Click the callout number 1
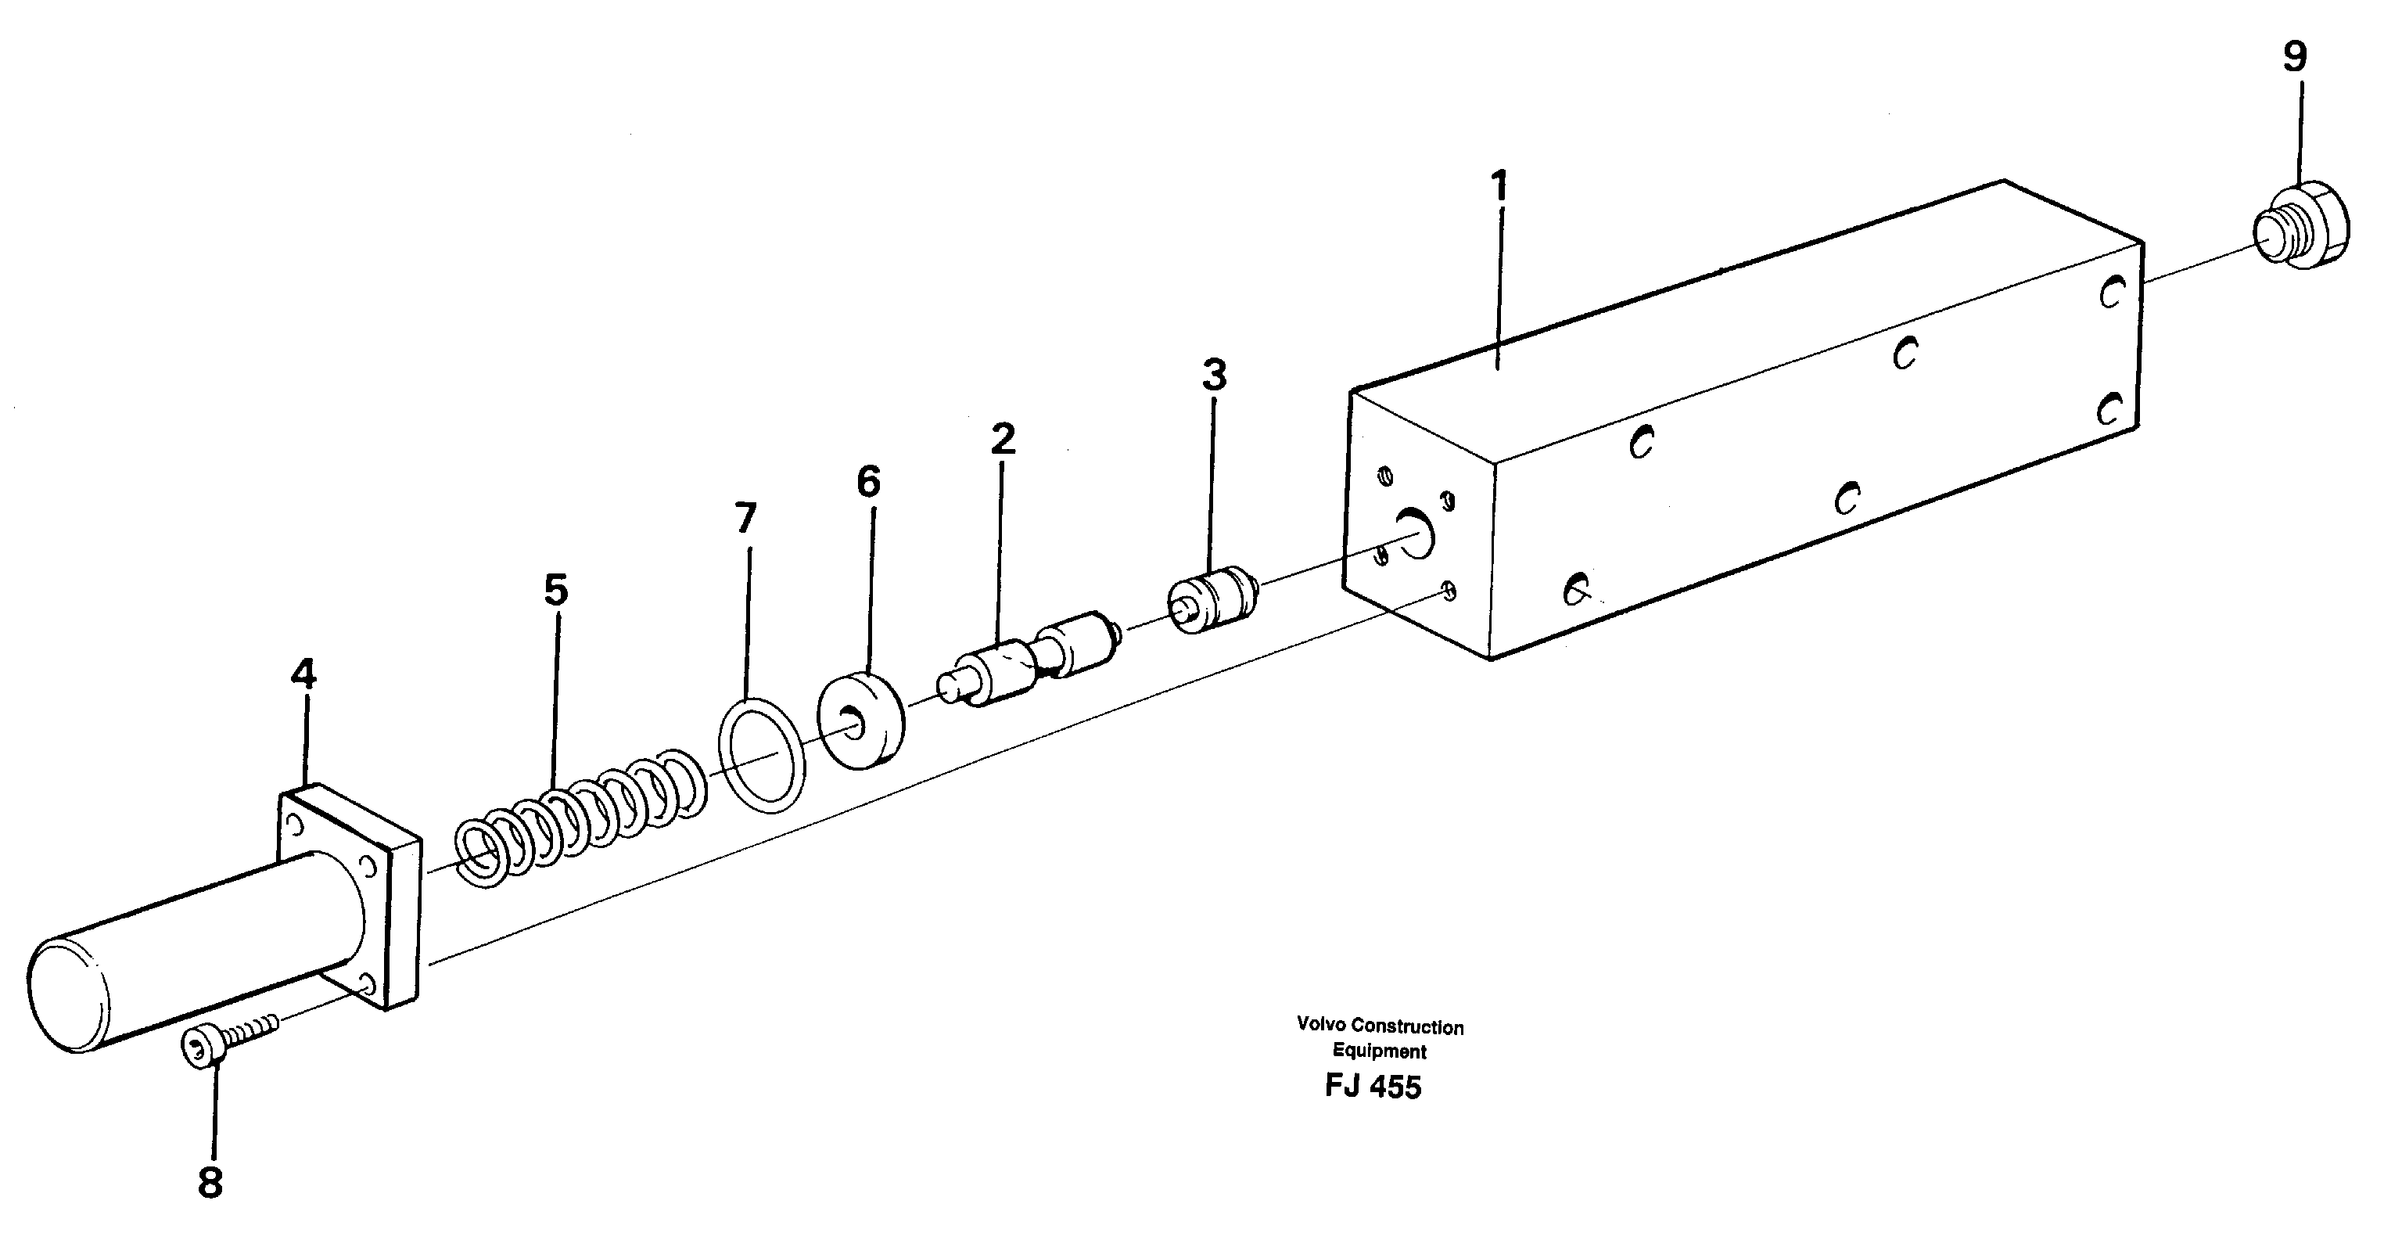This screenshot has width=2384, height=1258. [x=1499, y=187]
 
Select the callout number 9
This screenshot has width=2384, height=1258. [x=2294, y=57]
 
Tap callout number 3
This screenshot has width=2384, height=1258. [x=1214, y=376]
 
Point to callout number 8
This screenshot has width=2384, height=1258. [x=210, y=1183]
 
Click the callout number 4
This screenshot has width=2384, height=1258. [x=303, y=674]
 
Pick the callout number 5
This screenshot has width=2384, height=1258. [x=555, y=590]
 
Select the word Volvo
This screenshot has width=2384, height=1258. [x=1320, y=1025]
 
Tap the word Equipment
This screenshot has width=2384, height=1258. [x=1379, y=1051]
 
